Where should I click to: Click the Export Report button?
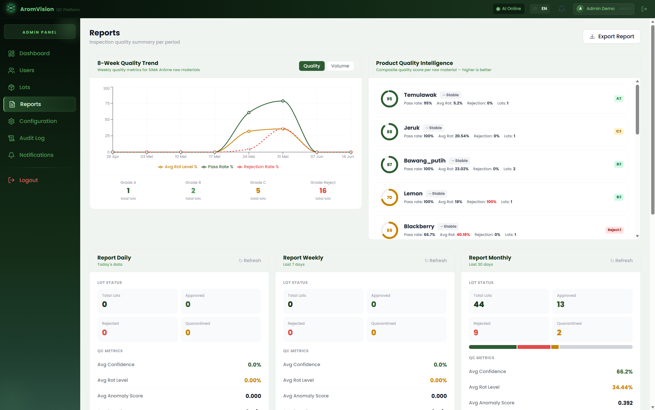pyautogui.click(x=611, y=36)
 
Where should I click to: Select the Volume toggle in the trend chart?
pyautogui.click(x=340, y=66)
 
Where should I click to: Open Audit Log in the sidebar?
pyautogui.click(x=32, y=138)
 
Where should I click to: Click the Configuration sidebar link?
pyautogui.click(x=38, y=121)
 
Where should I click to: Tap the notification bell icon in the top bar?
pyautogui.click(x=562, y=9)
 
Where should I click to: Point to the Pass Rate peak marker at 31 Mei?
pyautogui.click(x=283, y=101)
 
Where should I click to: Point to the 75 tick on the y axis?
pyautogui.click(x=107, y=103)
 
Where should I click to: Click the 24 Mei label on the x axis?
pyautogui.click(x=249, y=156)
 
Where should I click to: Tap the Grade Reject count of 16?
pyautogui.click(x=323, y=191)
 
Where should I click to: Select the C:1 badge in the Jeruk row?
pyautogui.click(x=618, y=131)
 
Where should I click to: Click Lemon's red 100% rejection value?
pyautogui.click(x=491, y=202)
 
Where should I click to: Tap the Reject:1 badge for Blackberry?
pyautogui.click(x=615, y=230)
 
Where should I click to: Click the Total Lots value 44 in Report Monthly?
pyautogui.click(x=479, y=304)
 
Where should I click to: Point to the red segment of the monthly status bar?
pyautogui.click(x=534, y=347)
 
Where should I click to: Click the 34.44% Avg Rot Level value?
pyautogui.click(x=622, y=387)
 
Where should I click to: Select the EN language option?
pyautogui.click(x=544, y=9)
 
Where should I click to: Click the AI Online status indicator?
pyautogui.click(x=509, y=9)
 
